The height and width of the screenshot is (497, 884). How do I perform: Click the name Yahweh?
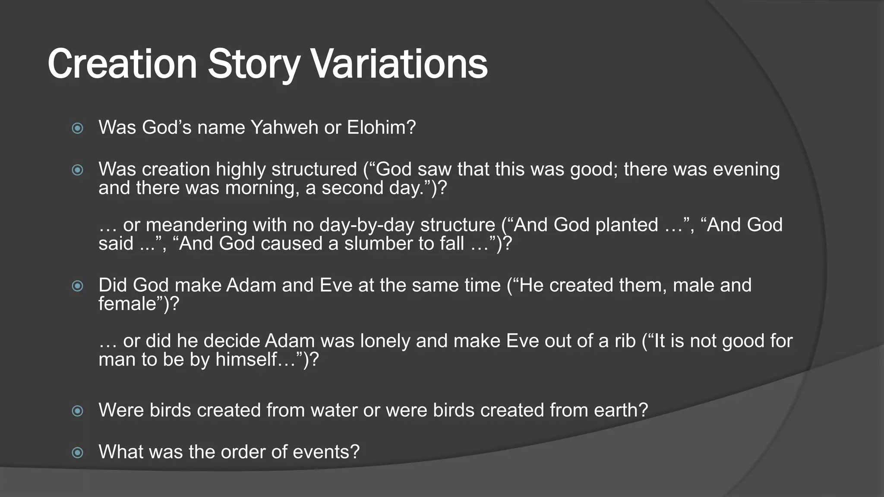pyautogui.click(x=284, y=128)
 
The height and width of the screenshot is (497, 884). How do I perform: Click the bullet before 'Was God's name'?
pyautogui.click(x=78, y=128)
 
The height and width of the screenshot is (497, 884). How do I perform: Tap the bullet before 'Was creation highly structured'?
pyautogui.click(x=78, y=170)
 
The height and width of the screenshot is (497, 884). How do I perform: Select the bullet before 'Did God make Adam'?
pyautogui.click(x=78, y=286)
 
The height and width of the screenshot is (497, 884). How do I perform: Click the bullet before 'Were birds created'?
pyautogui.click(x=78, y=411)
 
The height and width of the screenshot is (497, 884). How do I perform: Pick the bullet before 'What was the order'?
pyautogui.click(x=78, y=453)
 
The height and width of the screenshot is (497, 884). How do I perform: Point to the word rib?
pyautogui.click(x=625, y=341)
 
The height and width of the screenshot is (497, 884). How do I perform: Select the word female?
pyautogui.click(x=127, y=304)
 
